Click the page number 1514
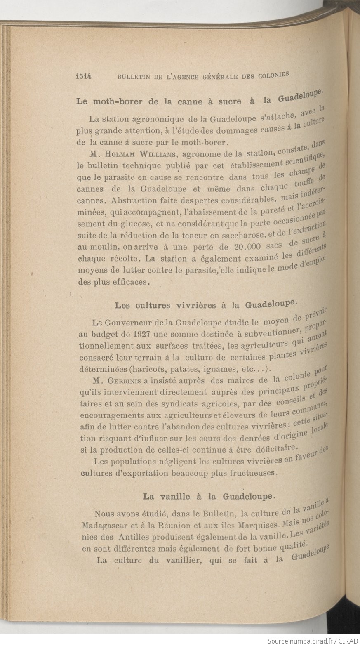[83, 76]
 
